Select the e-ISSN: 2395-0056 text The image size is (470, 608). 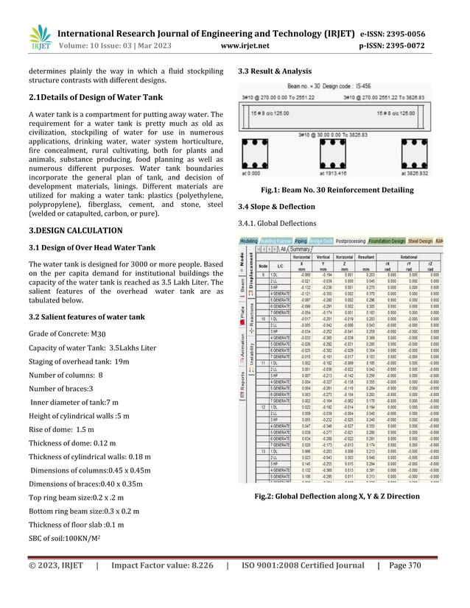pos(402,33)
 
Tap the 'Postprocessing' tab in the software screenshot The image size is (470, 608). pos(357,241)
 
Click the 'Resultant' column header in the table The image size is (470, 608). pos(366,257)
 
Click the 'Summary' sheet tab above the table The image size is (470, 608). pos(299,249)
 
